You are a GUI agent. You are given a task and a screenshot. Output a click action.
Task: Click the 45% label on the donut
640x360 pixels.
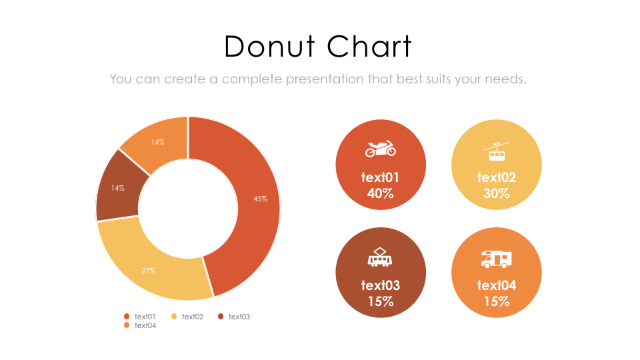click(260, 199)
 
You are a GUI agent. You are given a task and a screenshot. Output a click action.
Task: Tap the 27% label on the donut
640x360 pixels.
click(148, 271)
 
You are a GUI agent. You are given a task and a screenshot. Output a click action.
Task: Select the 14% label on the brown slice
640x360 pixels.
click(118, 188)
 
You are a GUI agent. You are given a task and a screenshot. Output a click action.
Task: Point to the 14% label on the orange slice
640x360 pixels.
click(157, 142)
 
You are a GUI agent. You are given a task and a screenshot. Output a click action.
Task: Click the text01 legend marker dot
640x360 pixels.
click(127, 316)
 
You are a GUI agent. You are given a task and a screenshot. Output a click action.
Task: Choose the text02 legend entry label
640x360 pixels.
click(192, 317)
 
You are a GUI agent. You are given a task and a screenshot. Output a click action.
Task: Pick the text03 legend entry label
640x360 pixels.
click(239, 317)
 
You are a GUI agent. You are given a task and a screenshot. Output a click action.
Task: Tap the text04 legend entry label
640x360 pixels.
click(145, 325)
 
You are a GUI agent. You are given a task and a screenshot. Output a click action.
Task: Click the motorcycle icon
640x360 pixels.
click(380, 149)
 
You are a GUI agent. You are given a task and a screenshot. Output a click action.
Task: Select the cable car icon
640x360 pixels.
click(497, 152)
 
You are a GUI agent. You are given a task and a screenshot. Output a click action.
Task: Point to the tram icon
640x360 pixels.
click(380, 257)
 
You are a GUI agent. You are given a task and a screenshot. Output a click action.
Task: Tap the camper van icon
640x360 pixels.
click(497, 259)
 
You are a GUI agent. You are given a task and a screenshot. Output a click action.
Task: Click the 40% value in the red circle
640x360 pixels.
click(380, 194)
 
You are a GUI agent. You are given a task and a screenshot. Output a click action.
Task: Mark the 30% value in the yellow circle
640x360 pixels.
click(497, 194)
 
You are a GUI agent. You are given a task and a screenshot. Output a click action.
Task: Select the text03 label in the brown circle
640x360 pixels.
click(380, 285)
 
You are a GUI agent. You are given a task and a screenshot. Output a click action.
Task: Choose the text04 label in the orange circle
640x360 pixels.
click(497, 285)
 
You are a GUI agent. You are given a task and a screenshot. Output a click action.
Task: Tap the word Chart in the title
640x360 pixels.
click(369, 47)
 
